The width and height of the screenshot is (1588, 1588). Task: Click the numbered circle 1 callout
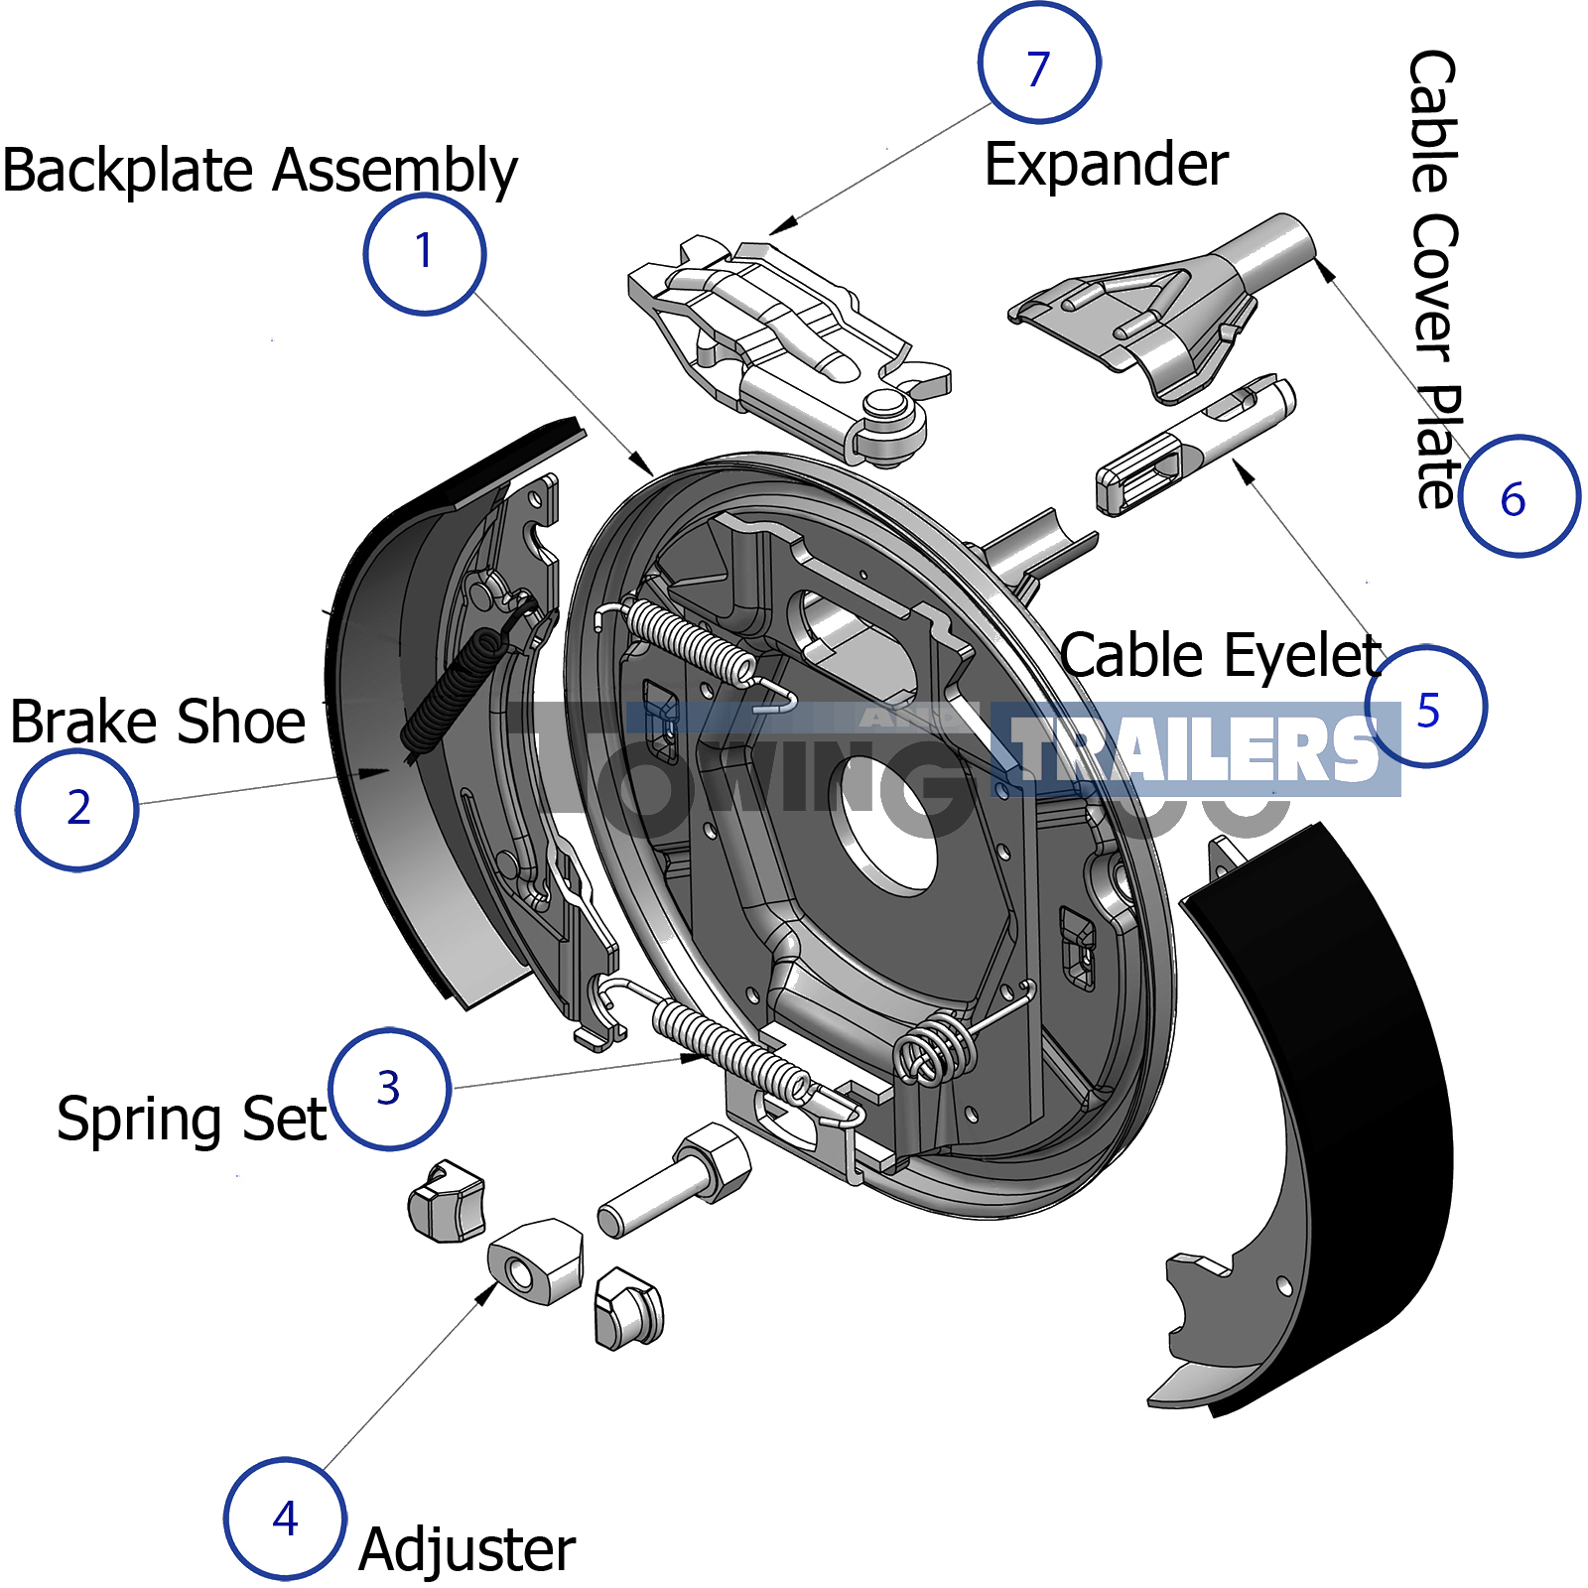pos(425,254)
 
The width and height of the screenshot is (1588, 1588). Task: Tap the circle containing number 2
pos(77,810)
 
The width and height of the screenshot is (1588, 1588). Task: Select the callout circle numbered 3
pos(389,1089)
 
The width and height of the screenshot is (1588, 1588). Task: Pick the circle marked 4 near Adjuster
pos(285,1519)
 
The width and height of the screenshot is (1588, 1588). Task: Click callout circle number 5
pos(1426,707)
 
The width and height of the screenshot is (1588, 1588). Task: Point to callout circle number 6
pos(1518,496)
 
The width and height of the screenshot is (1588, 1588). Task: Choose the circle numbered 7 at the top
pos(1038,64)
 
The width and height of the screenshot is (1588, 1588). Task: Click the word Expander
pos(1106,165)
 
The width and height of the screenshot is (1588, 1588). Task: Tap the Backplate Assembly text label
pos(260,171)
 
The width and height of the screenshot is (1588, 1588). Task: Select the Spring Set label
pos(192,1120)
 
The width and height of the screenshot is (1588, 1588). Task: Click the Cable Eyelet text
pos(1221,656)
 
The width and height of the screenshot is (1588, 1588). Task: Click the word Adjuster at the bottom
pos(466,1549)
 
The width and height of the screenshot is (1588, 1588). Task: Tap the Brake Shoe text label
pos(158,722)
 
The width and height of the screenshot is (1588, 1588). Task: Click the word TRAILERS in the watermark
pos(1196,749)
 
